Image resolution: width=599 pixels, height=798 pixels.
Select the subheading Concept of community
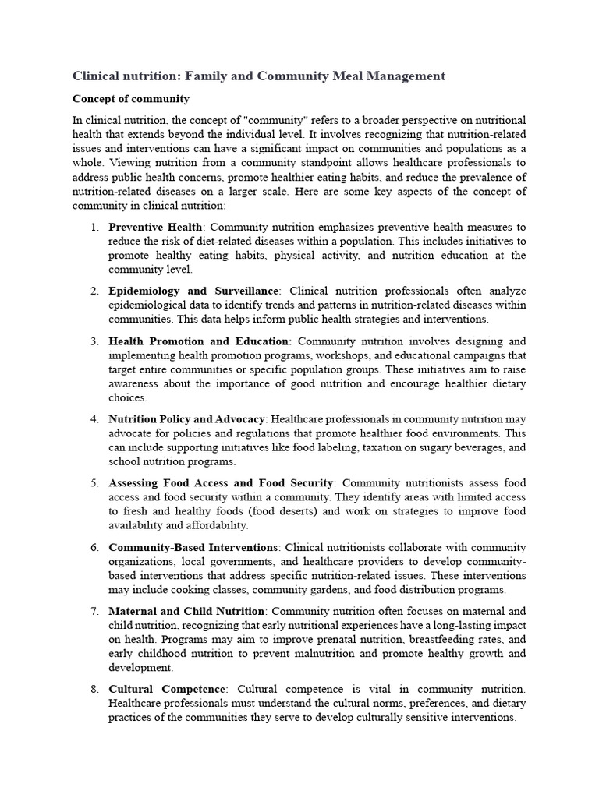pos(130,99)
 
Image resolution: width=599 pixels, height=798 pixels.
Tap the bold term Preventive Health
pos(154,227)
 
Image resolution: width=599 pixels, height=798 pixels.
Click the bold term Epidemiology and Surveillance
pos(193,291)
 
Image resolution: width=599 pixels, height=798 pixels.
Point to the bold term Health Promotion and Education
pos(198,341)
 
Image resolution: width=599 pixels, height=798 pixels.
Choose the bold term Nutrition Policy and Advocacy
pos(186,419)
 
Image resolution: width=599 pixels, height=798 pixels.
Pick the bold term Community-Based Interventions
pos(193,547)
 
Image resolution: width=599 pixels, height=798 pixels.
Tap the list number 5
pos(94,483)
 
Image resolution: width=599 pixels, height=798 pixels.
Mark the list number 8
pos(94,689)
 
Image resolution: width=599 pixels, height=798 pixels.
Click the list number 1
pos(94,227)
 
